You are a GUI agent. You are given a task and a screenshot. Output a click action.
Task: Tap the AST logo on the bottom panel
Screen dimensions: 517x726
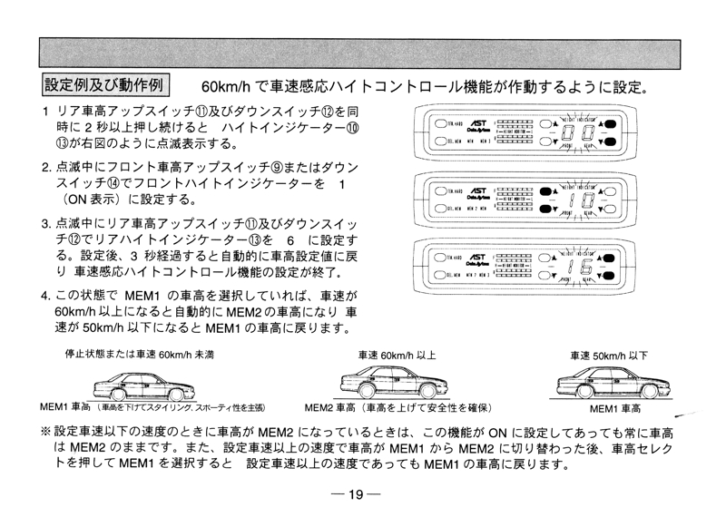click(478, 261)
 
